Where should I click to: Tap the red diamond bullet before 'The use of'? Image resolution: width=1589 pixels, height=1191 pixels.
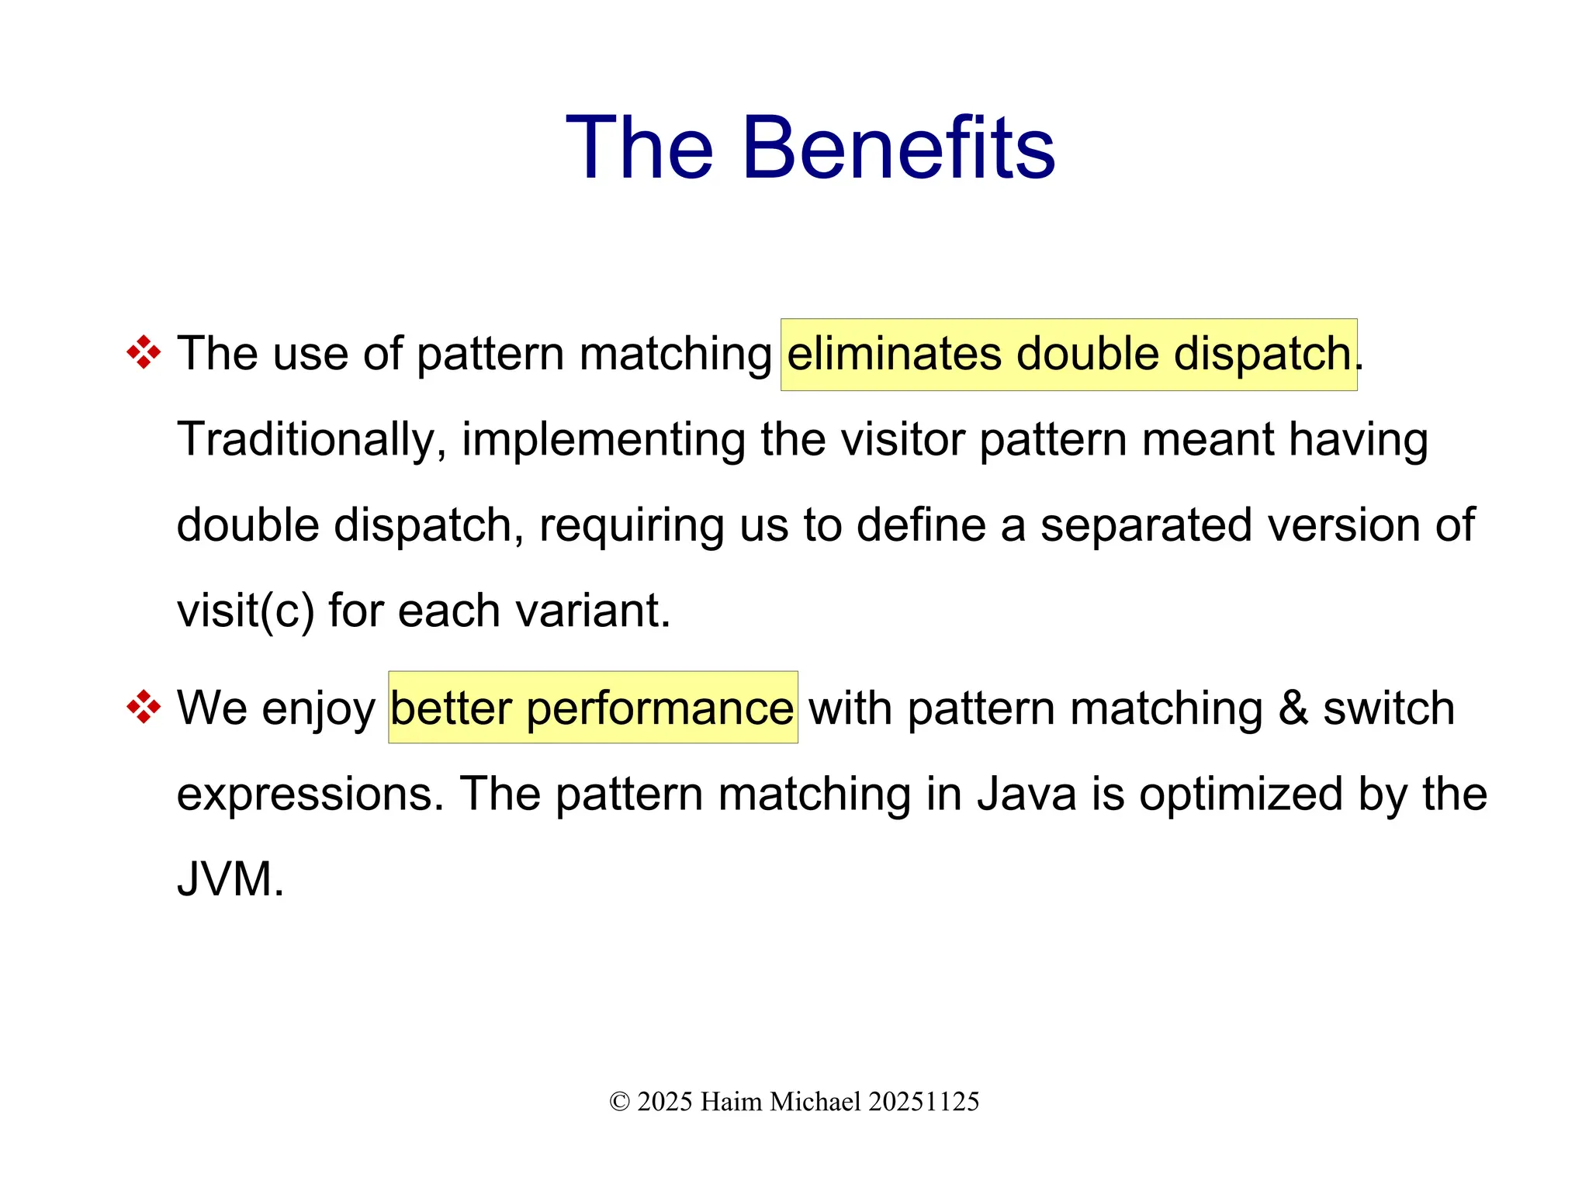click(144, 353)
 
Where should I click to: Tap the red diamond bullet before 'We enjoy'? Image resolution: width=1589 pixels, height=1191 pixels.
click(144, 708)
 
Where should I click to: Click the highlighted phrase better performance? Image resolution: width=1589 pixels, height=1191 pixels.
click(592, 708)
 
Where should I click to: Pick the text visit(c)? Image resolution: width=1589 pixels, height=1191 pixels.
click(245, 611)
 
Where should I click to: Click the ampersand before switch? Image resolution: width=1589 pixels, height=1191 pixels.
click(1293, 708)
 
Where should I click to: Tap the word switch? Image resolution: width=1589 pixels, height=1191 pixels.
click(1389, 708)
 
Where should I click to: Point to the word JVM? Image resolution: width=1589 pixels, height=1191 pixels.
click(230, 880)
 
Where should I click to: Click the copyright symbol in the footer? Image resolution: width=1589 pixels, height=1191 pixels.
click(619, 1102)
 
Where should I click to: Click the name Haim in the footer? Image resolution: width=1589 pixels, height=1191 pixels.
click(731, 1102)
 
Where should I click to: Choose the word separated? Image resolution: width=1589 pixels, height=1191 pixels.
click(1146, 525)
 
